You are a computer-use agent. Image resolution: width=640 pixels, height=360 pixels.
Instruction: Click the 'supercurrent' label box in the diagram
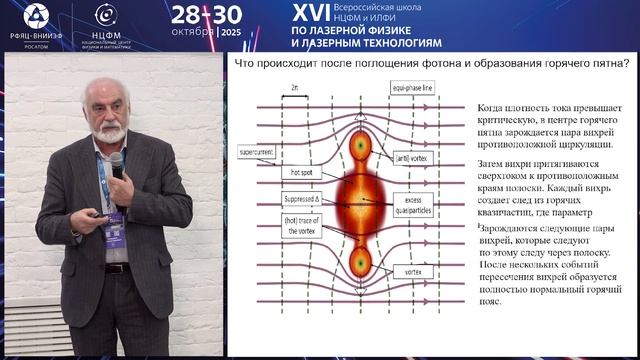point(263,152)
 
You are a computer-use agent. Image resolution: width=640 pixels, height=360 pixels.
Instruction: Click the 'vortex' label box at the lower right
point(412,270)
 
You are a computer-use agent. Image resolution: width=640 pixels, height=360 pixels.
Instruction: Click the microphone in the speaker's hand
point(116,162)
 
